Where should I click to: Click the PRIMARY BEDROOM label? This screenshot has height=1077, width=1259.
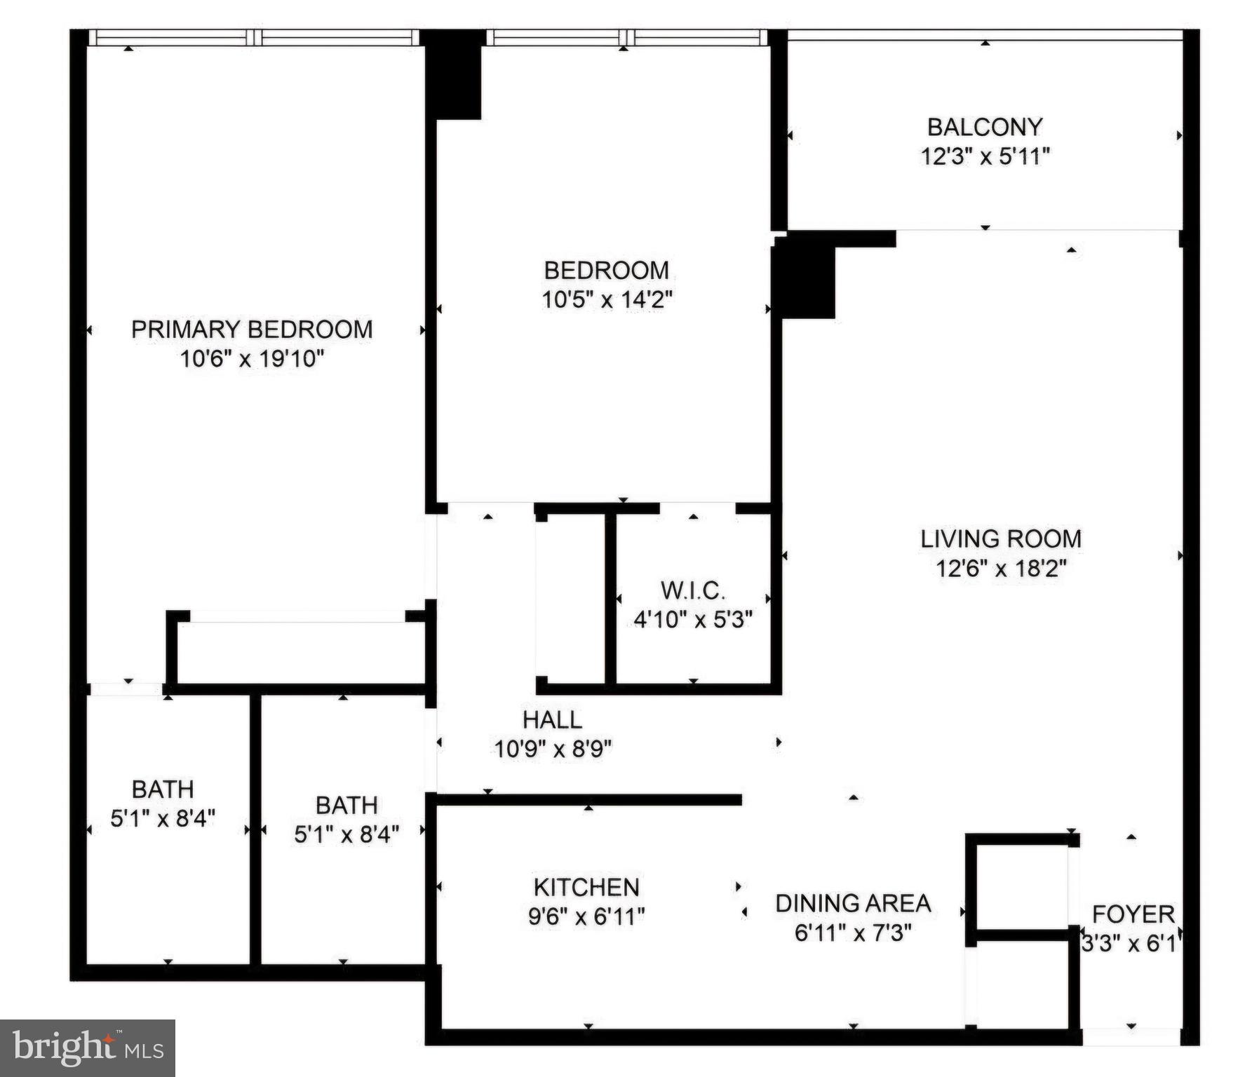252,330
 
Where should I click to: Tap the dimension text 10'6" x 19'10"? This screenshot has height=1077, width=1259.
252,359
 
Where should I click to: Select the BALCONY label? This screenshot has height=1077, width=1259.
985,127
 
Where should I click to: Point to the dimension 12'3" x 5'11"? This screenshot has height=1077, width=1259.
985,156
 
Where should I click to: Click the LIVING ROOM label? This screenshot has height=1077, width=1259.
1001,538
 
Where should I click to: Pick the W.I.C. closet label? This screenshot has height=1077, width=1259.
693,590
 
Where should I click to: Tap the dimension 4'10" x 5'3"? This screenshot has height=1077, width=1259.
693,619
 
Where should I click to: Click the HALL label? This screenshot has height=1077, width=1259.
552,719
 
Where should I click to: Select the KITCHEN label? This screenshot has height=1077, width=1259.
586,887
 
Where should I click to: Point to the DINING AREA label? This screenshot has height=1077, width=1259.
853,903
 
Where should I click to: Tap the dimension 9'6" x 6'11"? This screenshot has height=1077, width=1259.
586,916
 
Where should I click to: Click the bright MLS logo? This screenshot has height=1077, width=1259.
87,1048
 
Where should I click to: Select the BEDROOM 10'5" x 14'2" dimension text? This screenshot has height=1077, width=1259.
607,300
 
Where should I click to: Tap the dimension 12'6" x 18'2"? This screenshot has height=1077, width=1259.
1001,568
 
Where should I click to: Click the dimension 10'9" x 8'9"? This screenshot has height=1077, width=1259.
553,749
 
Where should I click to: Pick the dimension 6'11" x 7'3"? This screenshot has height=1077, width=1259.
853,933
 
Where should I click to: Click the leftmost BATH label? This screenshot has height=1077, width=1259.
163,789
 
